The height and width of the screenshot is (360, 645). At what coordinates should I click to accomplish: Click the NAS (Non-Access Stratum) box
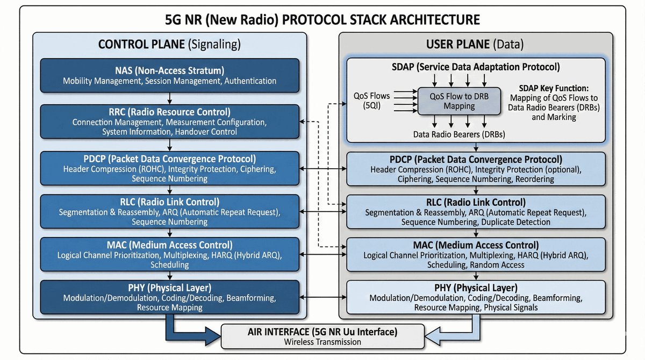pos(170,76)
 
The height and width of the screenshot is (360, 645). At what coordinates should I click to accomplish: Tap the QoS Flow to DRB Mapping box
pos(460,101)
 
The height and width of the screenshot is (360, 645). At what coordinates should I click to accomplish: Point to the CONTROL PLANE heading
pos(169,44)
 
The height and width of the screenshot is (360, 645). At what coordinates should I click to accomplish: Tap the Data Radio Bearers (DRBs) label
pos(458,134)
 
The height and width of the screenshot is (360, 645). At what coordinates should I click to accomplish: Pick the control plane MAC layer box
pos(170,254)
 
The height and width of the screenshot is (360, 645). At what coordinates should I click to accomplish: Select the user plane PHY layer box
pos(476,297)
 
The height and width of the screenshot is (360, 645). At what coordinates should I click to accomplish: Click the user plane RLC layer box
pos(476,212)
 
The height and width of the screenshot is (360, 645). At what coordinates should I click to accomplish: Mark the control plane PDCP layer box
pos(170,168)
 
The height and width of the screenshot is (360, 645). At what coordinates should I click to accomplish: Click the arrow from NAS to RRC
pos(170,98)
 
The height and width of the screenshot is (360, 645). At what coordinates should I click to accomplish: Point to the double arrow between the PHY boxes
pos(322,297)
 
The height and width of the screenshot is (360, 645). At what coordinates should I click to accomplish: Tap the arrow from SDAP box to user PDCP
pos(476,147)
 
